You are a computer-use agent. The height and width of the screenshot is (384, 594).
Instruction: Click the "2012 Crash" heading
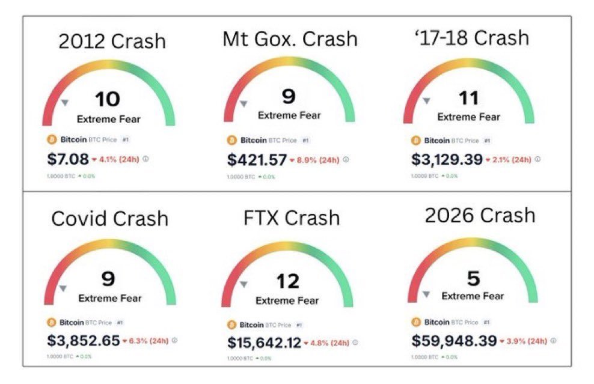(112, 41)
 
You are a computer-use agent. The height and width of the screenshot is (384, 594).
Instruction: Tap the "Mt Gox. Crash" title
(290, 39)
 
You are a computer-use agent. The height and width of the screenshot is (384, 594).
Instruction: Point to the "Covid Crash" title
(110, 218)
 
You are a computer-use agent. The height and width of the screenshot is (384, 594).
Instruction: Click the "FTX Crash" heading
(292, 218)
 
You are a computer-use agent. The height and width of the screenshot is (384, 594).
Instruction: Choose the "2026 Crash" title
(480, 215)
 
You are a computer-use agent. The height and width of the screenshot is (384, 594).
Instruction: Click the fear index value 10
(108, 99)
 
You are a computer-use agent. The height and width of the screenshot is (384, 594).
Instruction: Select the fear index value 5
(473, 278)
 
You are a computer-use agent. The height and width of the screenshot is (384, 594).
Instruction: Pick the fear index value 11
(468, 99)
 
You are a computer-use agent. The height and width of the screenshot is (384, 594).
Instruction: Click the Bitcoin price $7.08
(67, 159)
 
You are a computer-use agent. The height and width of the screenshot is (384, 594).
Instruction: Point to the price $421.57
(257, 160)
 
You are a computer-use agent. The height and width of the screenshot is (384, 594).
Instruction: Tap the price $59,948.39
(454, 341)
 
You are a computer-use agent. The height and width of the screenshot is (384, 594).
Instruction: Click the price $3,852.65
(84, 340)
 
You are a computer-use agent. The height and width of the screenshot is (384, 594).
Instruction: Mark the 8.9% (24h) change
(317, 160)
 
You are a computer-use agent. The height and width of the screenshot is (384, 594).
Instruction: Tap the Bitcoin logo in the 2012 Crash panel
(51, 139)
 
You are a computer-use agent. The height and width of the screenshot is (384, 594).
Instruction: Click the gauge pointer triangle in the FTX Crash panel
(243, 284)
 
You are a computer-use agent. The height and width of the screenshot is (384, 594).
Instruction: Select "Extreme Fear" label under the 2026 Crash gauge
(473, 296)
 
